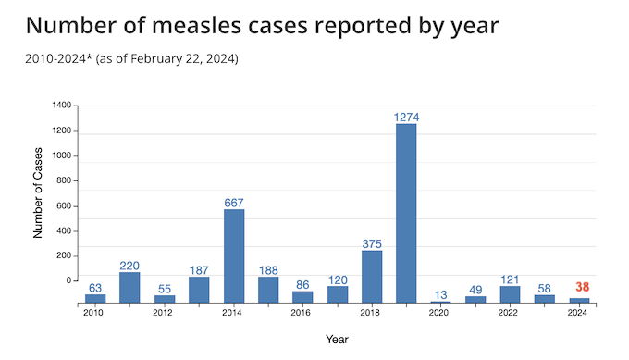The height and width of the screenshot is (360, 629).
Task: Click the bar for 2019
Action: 406,213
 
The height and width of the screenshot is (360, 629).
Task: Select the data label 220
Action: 129,265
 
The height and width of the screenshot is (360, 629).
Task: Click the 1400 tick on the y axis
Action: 62,106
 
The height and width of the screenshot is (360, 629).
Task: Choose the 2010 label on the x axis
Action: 92,313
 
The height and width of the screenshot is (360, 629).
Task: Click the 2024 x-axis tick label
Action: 577,313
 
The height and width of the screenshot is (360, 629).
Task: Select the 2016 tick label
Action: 301,313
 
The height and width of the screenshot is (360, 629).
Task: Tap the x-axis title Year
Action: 337,339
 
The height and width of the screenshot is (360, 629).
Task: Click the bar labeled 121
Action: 510,294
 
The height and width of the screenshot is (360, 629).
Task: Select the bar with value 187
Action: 199,290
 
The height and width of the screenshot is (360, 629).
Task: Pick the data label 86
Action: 302,285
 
